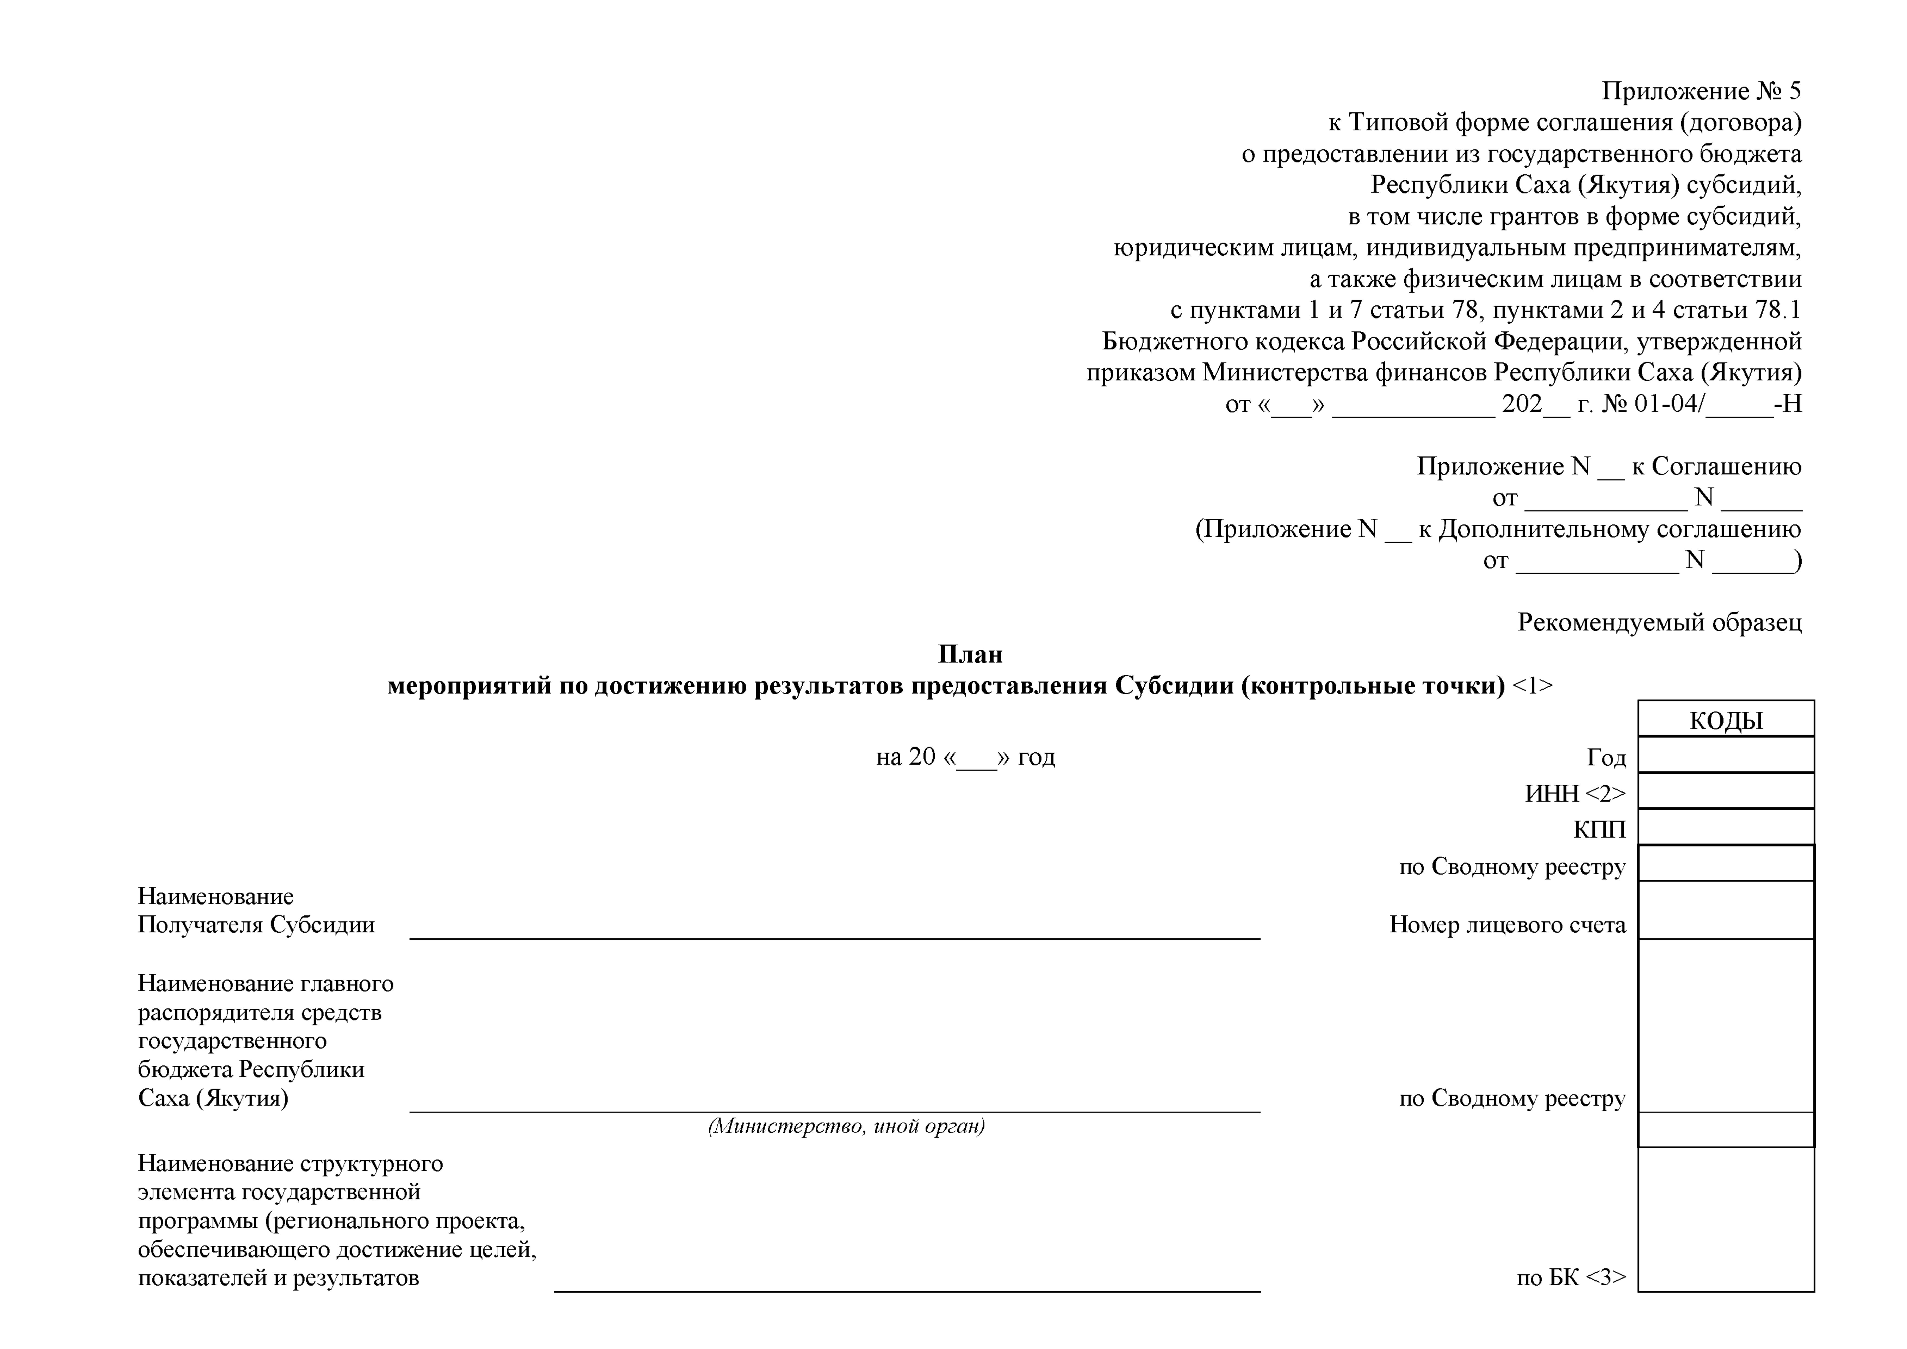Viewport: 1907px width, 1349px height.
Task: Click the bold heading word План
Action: (x=970, y=655)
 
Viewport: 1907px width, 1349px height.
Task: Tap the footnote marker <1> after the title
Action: (x=1532, y=686)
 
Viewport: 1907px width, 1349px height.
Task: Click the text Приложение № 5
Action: (x=1701, y=91)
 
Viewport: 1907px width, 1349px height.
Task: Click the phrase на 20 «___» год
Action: (x=965, y=757)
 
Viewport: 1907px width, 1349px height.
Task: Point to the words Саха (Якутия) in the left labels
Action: (x=213, y=1098)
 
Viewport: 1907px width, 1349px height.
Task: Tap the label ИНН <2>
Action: (x=1575, y=793)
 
